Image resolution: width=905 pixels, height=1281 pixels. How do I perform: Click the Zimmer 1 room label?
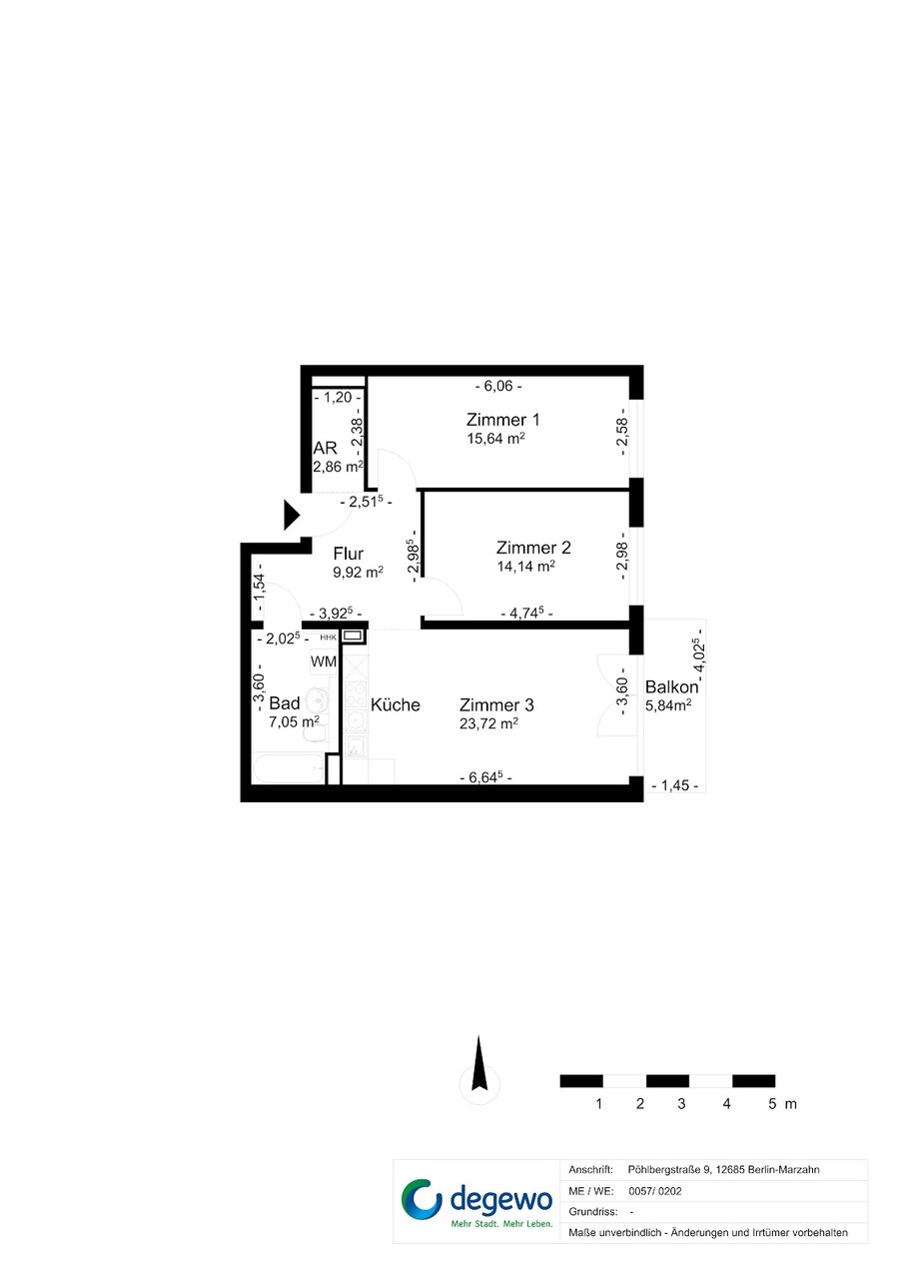tap(502, 420)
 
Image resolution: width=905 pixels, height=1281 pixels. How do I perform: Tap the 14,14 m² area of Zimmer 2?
tap(526, 567)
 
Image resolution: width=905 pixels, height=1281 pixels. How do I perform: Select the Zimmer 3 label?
tap(496, 705)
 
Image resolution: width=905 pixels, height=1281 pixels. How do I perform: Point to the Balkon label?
tap(671, 686)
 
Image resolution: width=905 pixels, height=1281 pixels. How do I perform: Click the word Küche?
tap(395, 704)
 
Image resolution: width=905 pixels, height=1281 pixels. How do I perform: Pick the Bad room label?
tap(284, 702)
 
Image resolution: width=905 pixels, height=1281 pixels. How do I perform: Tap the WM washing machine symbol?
tap(323, 661)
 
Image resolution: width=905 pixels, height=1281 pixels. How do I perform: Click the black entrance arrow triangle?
tap(292, 516)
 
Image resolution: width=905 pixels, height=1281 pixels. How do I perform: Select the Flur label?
tap(349, 554)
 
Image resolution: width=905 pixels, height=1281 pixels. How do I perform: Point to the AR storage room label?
tap(325, 448)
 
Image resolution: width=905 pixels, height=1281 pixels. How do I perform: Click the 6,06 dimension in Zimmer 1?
tap(498, 386)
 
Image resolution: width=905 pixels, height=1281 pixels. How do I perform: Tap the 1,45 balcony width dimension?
tap(674, 785)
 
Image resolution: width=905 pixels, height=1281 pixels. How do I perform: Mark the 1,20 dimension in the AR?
tap(338, 397)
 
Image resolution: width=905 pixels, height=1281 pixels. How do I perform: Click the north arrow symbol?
tap(479, 1068)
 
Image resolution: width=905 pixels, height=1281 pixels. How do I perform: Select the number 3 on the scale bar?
tap(681, 1104)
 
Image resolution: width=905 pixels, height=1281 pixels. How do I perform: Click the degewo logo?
tap(476, 1201)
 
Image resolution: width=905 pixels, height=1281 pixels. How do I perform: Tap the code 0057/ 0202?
tap(654, 1191)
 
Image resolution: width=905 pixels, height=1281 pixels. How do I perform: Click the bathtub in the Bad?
tap(289, 768)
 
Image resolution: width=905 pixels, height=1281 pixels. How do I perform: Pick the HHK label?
tap(329, 638)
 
